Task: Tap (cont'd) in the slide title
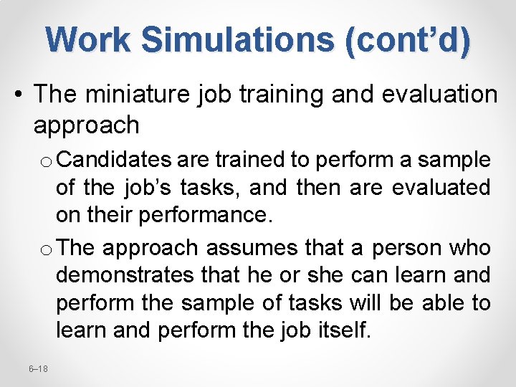(x=408, y=39)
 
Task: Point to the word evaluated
(x=441, y=188)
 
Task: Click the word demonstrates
(x=111, y=275)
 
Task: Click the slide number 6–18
(x=38, y=368)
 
